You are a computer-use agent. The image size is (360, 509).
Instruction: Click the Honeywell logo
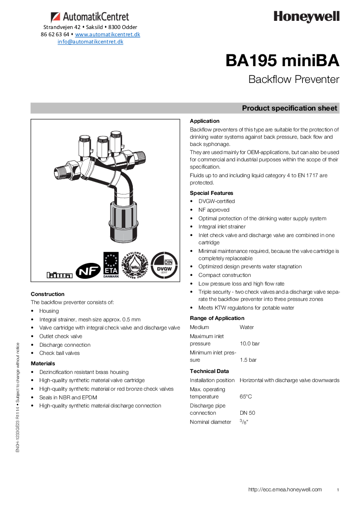coord(306,17)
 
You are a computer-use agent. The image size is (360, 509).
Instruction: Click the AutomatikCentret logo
coord(90,17)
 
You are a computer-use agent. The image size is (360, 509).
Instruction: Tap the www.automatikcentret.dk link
coord(107,34)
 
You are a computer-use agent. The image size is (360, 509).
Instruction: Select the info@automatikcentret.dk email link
coord(90,42)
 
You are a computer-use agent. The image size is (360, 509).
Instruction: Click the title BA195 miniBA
coord(282,61)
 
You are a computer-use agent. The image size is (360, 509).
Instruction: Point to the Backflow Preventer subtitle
coord(293,79)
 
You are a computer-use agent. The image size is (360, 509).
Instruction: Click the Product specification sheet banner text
coord(289,108)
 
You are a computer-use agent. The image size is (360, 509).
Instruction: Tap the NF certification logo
coord(88,271)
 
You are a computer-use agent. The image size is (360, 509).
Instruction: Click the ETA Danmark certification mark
coord(111,265)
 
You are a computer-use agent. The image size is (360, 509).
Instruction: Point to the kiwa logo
coord(59,275)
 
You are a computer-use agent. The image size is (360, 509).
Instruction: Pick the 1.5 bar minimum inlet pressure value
coord(248,360)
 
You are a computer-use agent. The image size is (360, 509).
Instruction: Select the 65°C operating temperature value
coord(246,397)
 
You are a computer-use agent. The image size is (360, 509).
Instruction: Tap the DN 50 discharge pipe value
coord(247,413)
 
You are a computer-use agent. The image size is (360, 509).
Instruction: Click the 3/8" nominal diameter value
coord(244,422)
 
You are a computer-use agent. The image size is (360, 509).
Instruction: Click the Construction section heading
coord(48,294)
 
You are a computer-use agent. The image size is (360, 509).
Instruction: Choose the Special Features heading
coord(211,193)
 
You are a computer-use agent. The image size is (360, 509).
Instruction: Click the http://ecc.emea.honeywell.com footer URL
coord(285,490)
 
